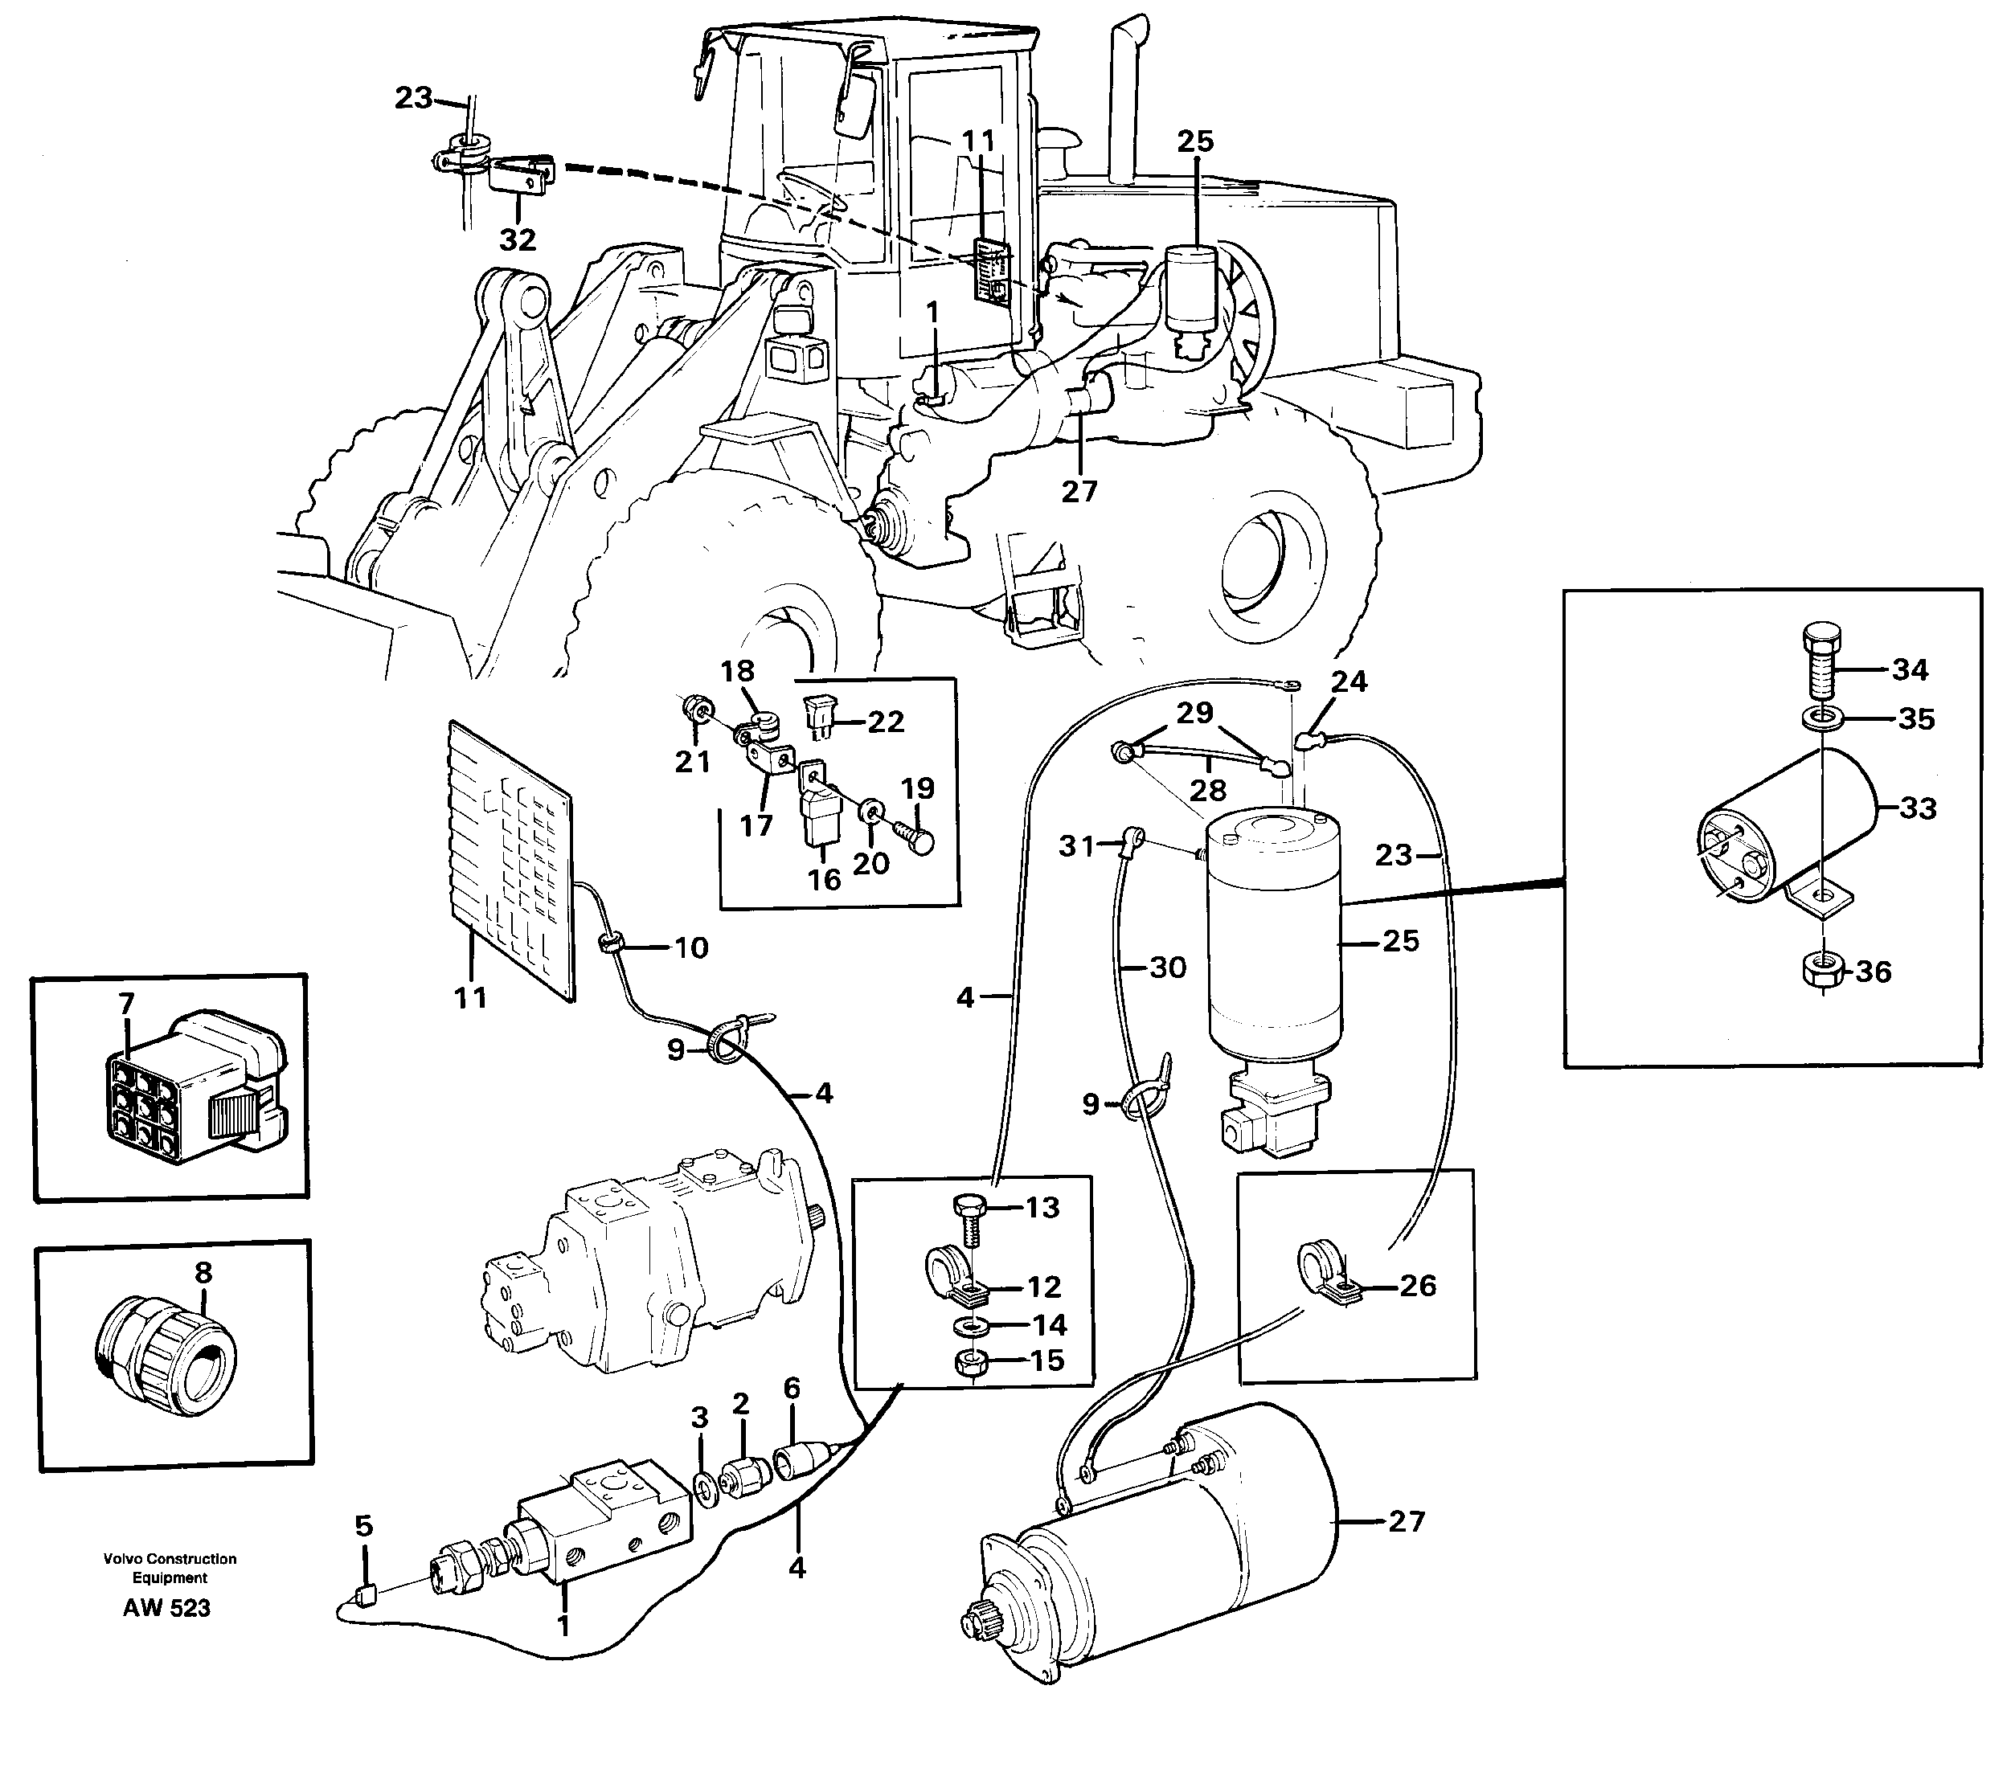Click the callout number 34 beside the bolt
coord(1910,670)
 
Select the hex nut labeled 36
coord(1825,971)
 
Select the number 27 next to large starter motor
coord(1407,1521)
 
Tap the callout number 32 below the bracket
coord(518,239)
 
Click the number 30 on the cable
coord(1168,967)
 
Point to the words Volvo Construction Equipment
coord(170,1567)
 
